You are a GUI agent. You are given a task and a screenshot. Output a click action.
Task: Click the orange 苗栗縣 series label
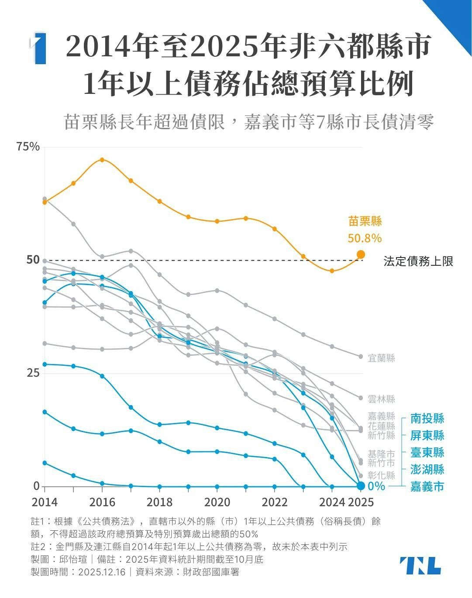[365, 221]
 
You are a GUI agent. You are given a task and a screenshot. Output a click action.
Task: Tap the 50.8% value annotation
[365, 238]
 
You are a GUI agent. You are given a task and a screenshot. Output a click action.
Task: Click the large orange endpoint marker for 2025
[361, 254]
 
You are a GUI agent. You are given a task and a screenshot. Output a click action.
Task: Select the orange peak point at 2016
[102, 160]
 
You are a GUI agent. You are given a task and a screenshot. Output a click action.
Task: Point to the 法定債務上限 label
[418, 261]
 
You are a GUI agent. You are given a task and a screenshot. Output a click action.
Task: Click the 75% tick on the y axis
[28, 147]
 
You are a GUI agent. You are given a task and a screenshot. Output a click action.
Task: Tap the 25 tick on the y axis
[33, 373]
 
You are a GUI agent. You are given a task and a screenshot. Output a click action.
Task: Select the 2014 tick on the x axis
[45, 502]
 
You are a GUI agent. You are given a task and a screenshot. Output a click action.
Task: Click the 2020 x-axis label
[217, 502]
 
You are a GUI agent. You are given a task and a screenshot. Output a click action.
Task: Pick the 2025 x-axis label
[361, 502]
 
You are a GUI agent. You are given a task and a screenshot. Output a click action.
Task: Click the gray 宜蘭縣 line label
[381, 358]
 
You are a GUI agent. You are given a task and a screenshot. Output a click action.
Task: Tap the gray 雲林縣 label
[381, 399]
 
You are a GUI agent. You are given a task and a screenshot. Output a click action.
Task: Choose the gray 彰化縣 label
[381, 475]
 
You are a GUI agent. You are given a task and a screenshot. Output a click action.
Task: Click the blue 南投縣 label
[427, 419]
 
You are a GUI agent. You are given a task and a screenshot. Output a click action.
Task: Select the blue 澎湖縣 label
[427, 469]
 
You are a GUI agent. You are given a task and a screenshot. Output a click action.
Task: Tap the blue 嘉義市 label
[427, 486]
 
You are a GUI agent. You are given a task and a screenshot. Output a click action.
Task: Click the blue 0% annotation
[376, 486]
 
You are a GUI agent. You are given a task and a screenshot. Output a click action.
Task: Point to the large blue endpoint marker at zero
[361, 486]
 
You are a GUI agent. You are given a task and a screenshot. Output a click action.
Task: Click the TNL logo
[420, 566]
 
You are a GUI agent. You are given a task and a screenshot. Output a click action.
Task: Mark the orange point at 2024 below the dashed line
[332, 271]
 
